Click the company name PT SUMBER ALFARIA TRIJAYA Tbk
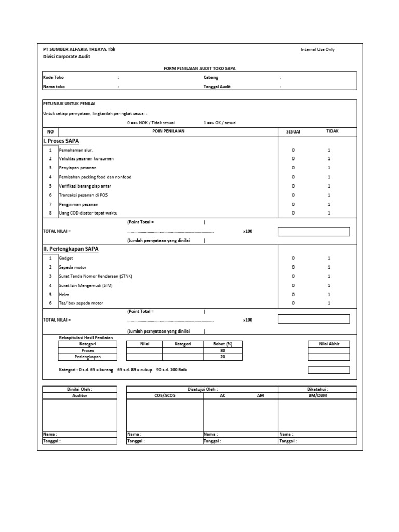[x=79, y=49]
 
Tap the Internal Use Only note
[x=317, y=50]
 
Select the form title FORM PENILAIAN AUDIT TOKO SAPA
[x=199, y=68]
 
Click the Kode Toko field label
[x=52, y=77]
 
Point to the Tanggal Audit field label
[x=217, y=87]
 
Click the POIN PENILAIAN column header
[x=168, y=132]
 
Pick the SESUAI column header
[x=294, y=132]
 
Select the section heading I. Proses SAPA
[x=62, y=141]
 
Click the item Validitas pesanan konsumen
[x=82, y=158]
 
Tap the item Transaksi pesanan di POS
[x=80, y=195]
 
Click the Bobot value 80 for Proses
[x=223, y=351]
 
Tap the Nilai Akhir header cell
[x=328, y=344]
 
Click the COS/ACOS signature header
[x=165, y=395]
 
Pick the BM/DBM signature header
[x=317, y=395]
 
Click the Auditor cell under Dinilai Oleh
[x=79, y=395]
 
